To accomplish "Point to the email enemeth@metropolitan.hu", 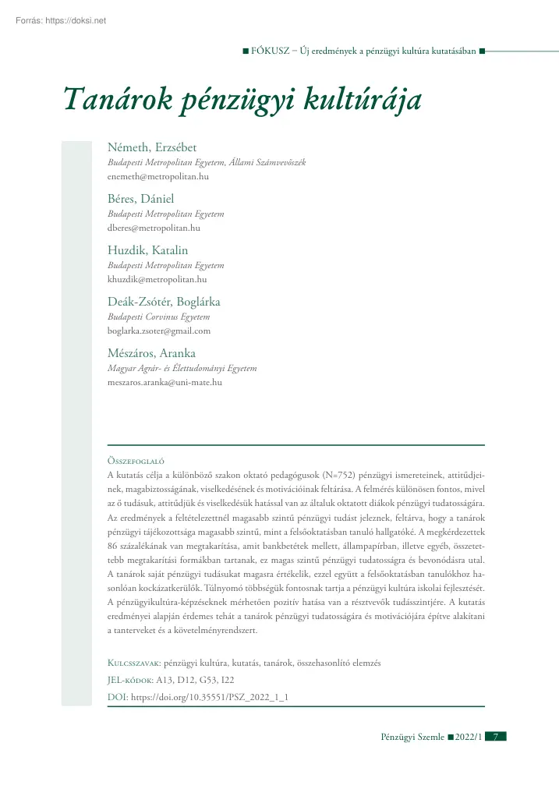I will point(154,177).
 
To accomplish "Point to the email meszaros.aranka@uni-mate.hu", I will point(165,382).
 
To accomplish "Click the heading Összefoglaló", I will point(134,459).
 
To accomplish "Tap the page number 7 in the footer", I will point(496,736).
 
